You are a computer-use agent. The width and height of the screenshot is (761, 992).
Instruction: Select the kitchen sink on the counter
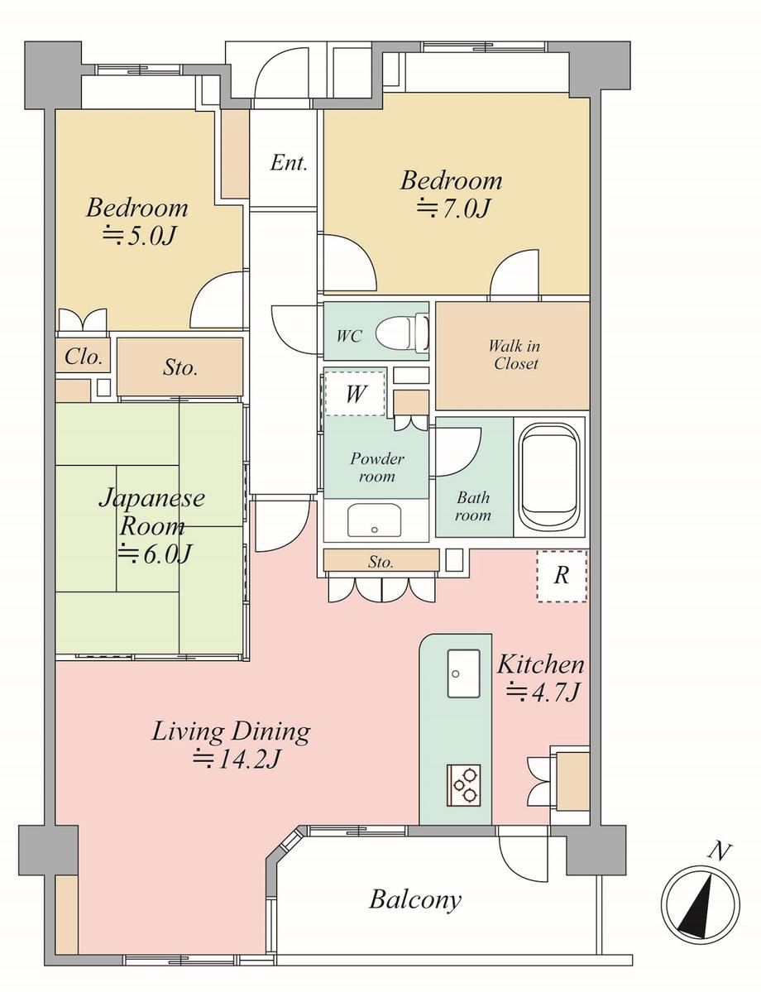pos(464,673)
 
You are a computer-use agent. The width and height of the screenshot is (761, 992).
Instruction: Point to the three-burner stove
pos(464,785)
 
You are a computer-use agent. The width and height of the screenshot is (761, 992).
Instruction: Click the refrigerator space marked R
pos(562,576)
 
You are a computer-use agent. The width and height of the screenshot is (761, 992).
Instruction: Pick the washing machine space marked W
pos(355,394)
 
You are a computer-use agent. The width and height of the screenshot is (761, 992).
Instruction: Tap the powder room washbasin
pos(375,520)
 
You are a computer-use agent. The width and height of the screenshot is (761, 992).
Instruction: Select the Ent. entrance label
pos(289,163)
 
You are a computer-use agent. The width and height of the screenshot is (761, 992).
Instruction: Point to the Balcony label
pos(415,899)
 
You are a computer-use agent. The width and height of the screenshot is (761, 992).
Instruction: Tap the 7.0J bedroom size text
pos(453,208)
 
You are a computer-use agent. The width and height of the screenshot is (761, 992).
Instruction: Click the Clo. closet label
pos(84,357)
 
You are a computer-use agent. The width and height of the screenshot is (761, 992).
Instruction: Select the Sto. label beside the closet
pos(180,367)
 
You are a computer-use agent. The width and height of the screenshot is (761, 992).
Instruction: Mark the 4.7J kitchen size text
pos(542,692)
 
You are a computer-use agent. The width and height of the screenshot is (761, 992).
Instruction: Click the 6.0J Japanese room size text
pos(155,554)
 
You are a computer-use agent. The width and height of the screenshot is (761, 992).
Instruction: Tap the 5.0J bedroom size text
pos(138,235)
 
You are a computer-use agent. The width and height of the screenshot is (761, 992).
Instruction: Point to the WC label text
pos(348,335)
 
